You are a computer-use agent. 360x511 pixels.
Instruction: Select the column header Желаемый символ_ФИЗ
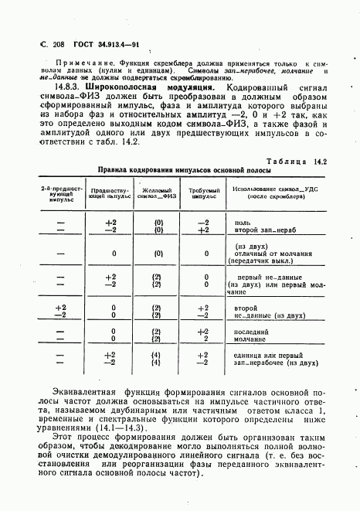(x=156, y=192)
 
